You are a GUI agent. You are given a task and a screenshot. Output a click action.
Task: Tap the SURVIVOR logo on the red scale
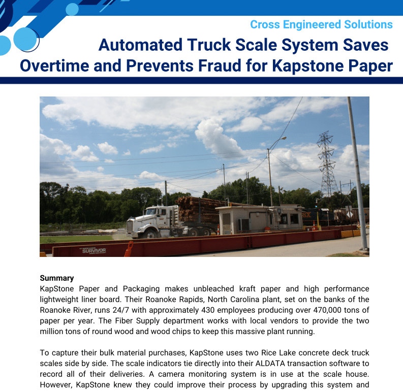click(x=94, y=250)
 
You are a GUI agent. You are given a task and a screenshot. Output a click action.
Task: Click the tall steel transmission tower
click(x=326, y=162)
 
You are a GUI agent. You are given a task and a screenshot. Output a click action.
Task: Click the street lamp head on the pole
click(x=283, y=138)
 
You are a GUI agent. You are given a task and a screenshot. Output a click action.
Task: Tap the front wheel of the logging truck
click(x=151, y=234)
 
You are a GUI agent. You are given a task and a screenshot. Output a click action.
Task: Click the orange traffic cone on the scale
click(x=129, y=248)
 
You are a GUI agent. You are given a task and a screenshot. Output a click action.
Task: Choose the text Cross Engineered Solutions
click(x=321, y=24)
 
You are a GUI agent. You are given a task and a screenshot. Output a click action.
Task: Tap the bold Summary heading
click(x=57, y=278)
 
